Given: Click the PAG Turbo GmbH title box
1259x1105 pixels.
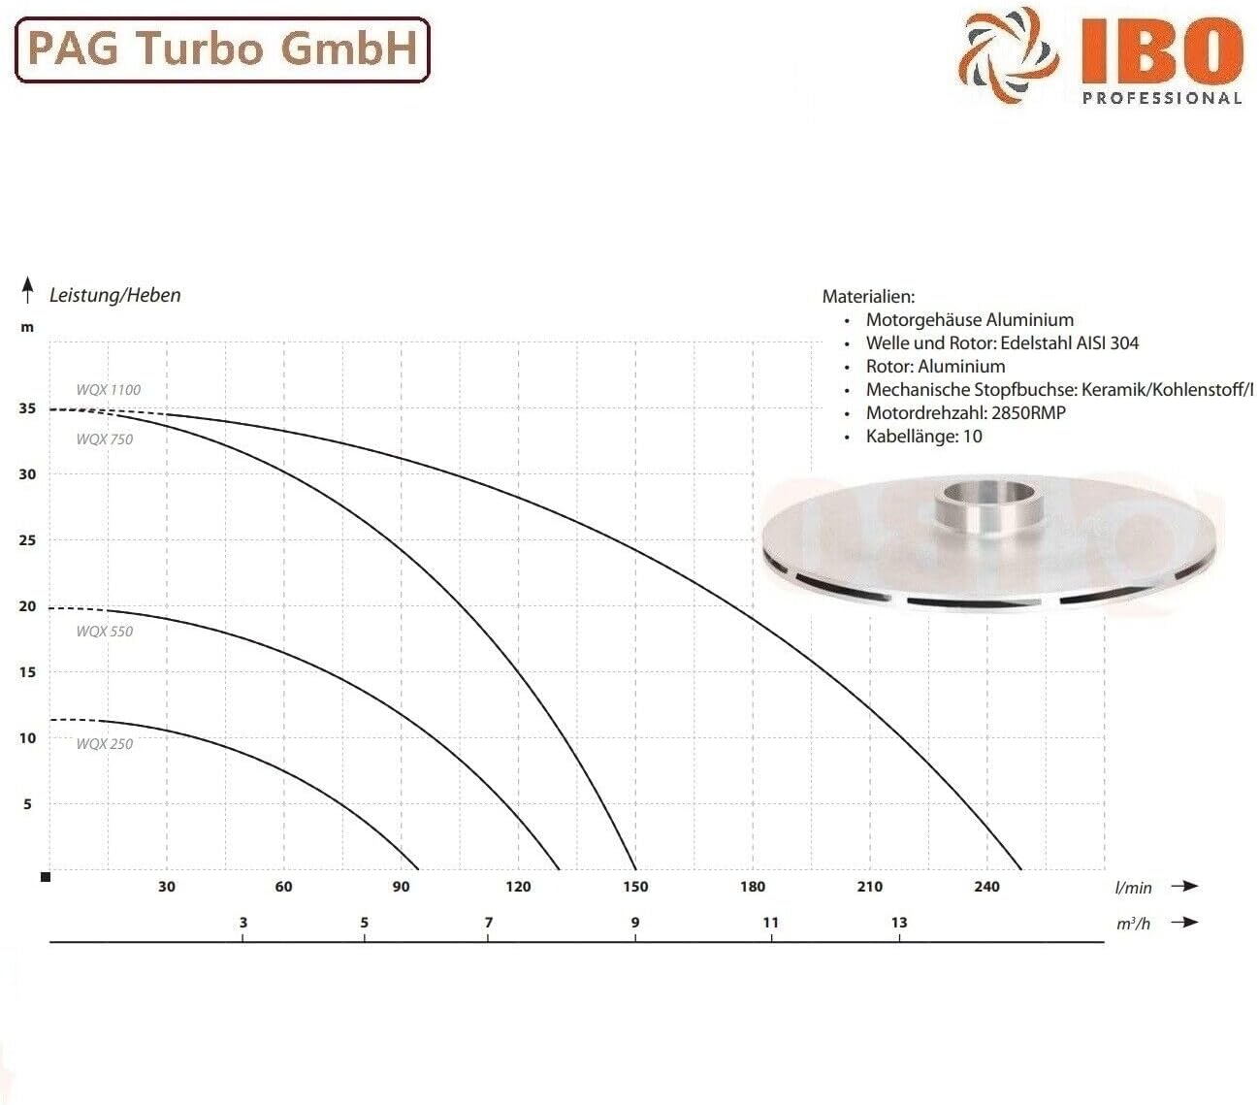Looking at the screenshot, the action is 222,49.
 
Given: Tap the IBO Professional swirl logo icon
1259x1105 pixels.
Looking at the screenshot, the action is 1008,56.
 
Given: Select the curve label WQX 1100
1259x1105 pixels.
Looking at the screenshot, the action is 108,390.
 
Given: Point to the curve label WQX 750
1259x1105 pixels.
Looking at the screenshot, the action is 105,439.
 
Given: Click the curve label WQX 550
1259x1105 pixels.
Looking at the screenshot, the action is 105,632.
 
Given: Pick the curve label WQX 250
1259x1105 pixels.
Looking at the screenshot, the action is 105,744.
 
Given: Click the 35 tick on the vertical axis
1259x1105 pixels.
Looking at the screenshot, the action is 27,408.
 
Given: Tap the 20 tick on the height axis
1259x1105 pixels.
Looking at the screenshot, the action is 27,606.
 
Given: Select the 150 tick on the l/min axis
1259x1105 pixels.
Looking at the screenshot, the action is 635,887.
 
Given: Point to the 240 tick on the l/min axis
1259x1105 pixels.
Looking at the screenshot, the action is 986,887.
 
